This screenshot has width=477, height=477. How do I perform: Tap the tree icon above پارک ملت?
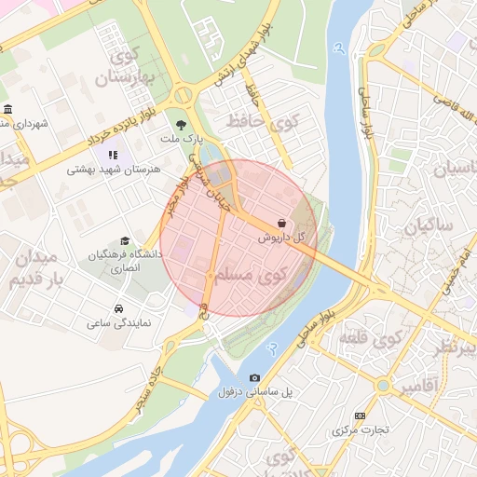[x=180, y=123]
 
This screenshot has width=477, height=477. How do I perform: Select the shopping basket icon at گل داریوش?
[x=281, y=224]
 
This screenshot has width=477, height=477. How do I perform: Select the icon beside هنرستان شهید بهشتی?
[x=113, y=155]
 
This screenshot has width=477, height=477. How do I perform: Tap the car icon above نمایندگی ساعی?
[x=118, y=308]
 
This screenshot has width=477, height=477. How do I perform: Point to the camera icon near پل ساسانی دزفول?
[x=255, y=377]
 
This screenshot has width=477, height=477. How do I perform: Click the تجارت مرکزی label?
[x=361, y=431]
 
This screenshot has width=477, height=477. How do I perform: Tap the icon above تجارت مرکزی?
[x=361, y=416]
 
